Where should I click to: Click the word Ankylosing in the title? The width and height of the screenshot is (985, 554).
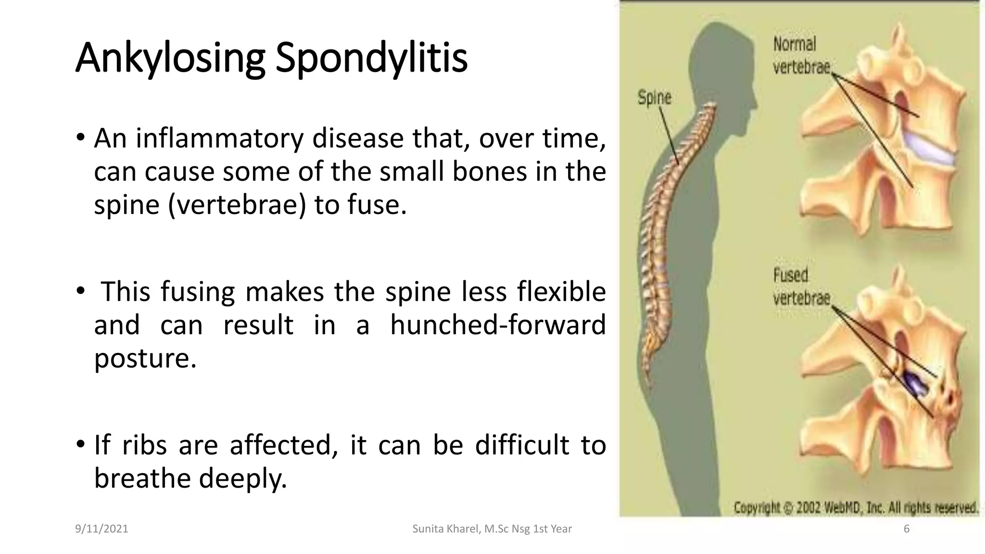tap(170, 59)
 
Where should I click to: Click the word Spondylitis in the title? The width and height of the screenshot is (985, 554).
tap(371, 59)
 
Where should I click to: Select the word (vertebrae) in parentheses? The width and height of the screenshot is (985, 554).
tap(237, 205)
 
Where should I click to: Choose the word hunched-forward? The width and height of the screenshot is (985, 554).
tap(498, 325)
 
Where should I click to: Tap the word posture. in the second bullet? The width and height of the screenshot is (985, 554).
tap(145, 358)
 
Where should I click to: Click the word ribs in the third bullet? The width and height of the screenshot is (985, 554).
tap(144, 445)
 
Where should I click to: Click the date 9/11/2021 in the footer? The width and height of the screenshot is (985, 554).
tap(101, 529)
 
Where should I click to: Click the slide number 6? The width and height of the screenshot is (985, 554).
tap(907, 529)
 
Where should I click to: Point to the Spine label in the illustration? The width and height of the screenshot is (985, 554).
tap(654, 98)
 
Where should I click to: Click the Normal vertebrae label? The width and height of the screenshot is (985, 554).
tap(801, 56)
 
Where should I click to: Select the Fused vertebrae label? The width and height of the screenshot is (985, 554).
tap(801, 287)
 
